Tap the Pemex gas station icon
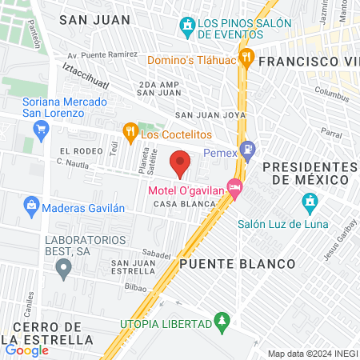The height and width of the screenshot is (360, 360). point(249,148)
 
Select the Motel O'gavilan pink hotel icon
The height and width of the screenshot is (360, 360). point(234,189)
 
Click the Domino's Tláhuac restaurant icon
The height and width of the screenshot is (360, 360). point(247,58)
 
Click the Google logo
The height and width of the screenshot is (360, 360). point(26,350)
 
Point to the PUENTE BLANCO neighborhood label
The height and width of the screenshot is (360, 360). point(226,262)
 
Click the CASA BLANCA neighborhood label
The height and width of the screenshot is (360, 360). point(185,204)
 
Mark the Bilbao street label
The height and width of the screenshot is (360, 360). point(130,284)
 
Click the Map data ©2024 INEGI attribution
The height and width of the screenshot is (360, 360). point(311,354)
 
